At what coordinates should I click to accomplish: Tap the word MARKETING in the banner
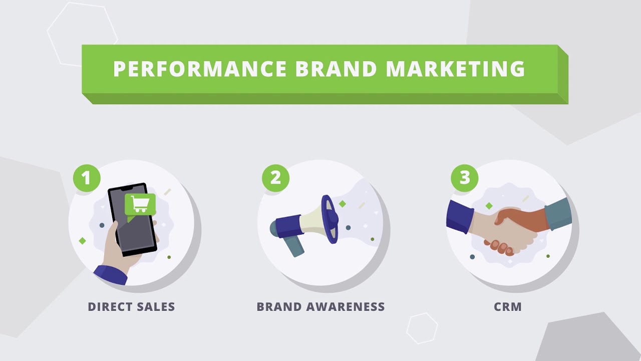pyautogui.click(x=455, y=69)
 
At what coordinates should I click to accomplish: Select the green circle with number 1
pyautogui.click(x=87, y=178)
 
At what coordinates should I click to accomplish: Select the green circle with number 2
pyautogui.click(x=275, y=178)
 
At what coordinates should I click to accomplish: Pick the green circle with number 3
pyautogui.click(x=465, y=178)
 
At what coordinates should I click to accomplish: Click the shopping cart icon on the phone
pyautogui.click(x=140, y=204)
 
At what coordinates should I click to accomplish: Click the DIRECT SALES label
pyautogui.click(x=131, y=307)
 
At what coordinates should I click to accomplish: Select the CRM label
pyautogui.click(x=508, y=307)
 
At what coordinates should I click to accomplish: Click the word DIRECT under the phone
pyautogui.click(x=108, y=307)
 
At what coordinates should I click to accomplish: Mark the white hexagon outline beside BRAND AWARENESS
pyautogui.click(x=422, y=328)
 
